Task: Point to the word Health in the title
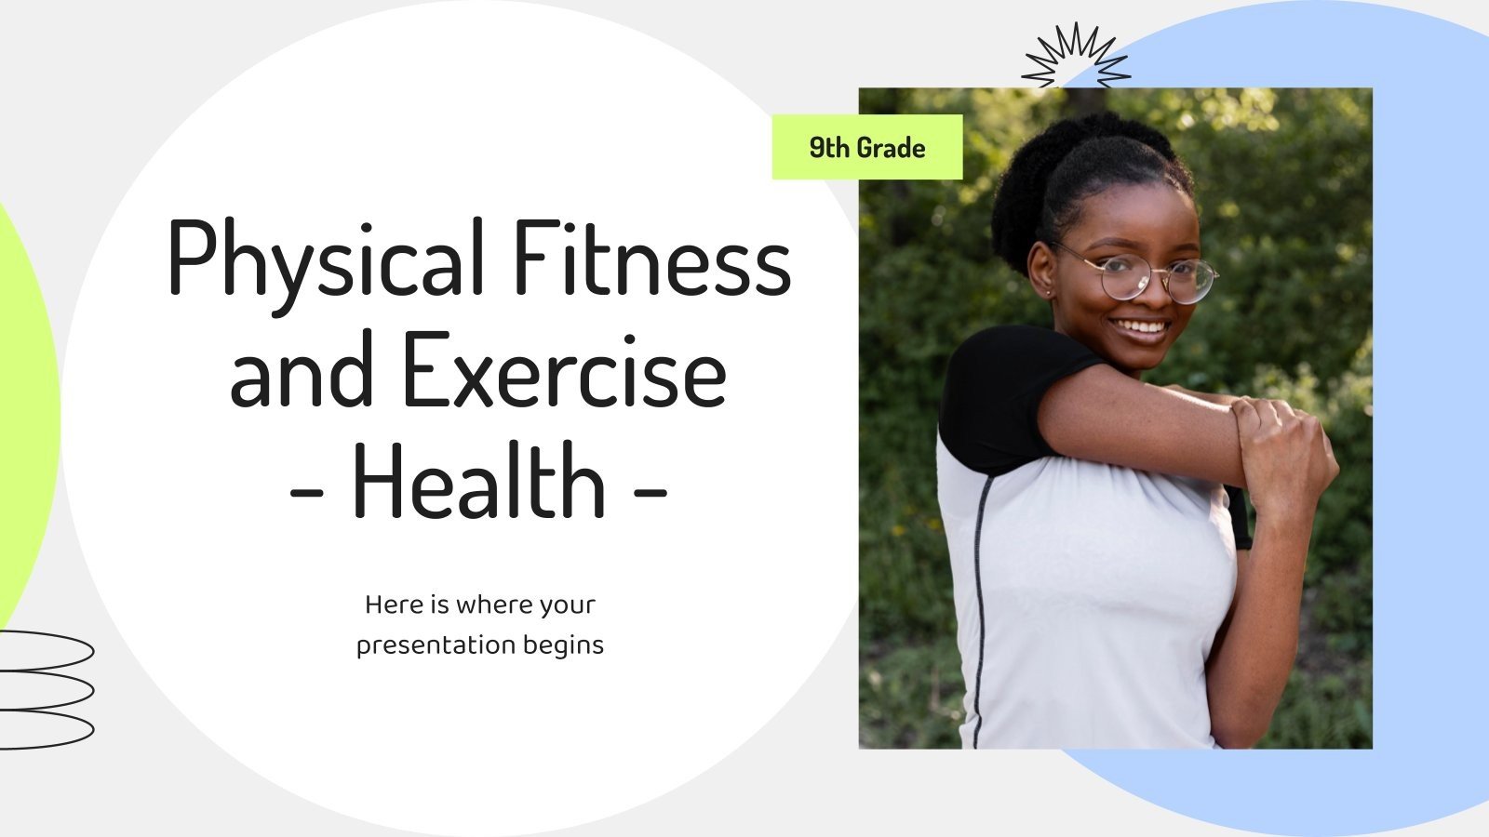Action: [x=478, y=482]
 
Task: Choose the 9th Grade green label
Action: [x=866, y=148]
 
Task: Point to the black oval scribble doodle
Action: [x=47, y=689]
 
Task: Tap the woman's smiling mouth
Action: [x=1141, y=327]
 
